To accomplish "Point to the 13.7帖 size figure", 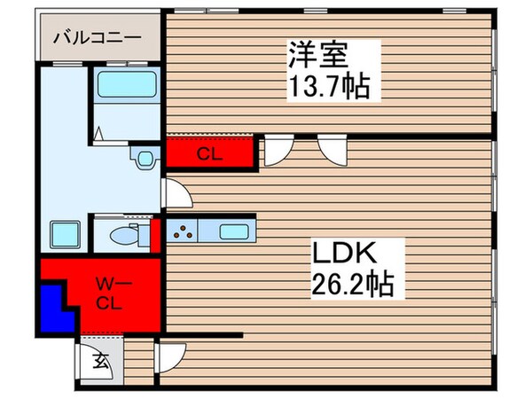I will (x=328, y=88).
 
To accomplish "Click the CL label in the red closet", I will (x=209, y=153).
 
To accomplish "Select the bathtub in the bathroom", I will (x=126, y=84).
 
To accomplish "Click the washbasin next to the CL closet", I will (x=142, y=157).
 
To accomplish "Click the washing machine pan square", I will (x=64, y=235).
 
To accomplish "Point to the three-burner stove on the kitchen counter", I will (x=183, y=233).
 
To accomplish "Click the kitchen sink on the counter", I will (x=234, y=232).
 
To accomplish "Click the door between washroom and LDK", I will (x=173, y=193).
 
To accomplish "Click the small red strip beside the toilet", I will (x=154, y=234).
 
